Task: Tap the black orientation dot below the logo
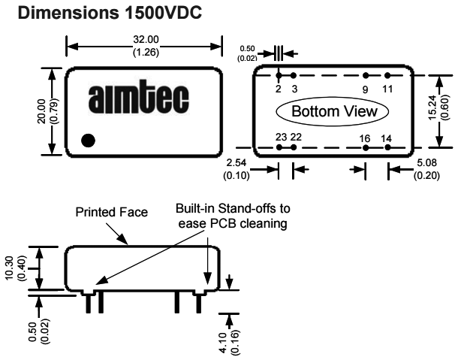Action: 89,140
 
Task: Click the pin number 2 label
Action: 278,89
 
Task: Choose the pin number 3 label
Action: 294,89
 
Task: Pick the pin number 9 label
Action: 366,89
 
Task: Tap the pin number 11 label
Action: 387,89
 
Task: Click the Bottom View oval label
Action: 332,111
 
